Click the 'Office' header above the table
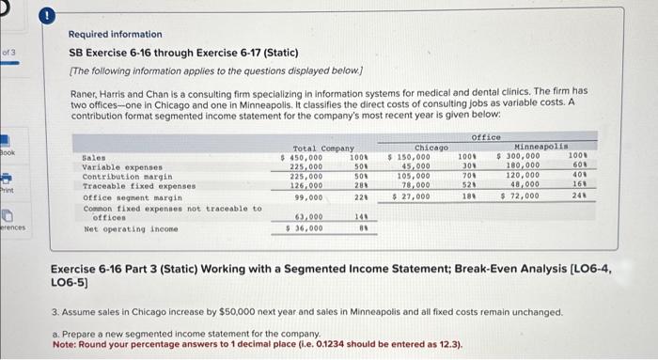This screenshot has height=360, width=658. (x=485, y=136)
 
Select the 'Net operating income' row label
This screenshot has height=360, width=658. (x=121, y=227)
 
